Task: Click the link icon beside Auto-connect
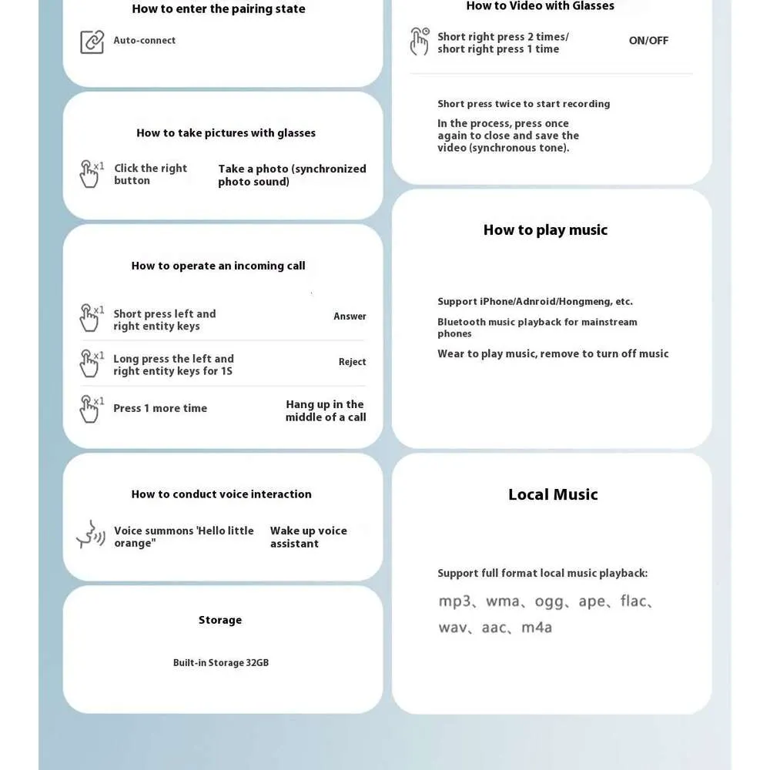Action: click(x=92, y=42)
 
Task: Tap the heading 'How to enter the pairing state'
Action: click(x=219, y=9)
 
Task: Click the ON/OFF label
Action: click(x=648, y=41)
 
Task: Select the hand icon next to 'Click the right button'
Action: click(x=90, y=174)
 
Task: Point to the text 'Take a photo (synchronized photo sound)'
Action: click(x=292, y=175)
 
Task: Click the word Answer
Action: click(x=350, y=316)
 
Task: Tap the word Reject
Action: click(x=352, y=362)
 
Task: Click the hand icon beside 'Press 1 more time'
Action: click(x=90, y=409)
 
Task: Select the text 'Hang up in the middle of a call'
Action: click(x=326, y=410)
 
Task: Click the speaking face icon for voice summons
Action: click(x=90, y=534)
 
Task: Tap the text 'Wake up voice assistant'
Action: click(x=308, y=537)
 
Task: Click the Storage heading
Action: click(x=220, y=620)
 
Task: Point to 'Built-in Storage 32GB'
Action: click(x=221, y=663)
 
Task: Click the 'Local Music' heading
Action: click(x=553, y=494)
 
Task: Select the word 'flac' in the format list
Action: click(x=633, y=601)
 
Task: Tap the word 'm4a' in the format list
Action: click(x=537, y=628)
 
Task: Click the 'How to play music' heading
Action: click(x=545, y=229)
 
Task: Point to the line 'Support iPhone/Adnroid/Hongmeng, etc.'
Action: click(x=535, y=302)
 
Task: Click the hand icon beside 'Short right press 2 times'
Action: click(x=420, y=42)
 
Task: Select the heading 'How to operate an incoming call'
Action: click(x=218, y=266)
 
